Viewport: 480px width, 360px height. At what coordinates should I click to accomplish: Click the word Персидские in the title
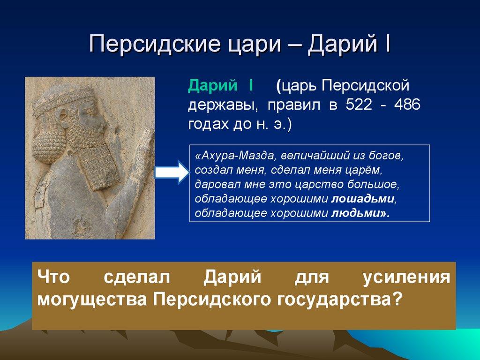click(x=155, y=44)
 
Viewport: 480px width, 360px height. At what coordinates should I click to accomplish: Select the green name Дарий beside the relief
click(x=213, y=86)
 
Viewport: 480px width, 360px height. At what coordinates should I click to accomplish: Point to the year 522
click(x=359, y=105)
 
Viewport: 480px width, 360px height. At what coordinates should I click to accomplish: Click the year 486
click(x=407, y=105)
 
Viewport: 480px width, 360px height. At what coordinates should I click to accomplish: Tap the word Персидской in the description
click(x=365, y=86)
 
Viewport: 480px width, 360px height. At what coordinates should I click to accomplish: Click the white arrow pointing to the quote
click(x=172, y=172)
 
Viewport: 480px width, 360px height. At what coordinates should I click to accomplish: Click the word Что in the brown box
click(x=53, y=277)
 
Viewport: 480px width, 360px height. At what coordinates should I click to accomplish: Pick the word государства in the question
click(x=330, y=300)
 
